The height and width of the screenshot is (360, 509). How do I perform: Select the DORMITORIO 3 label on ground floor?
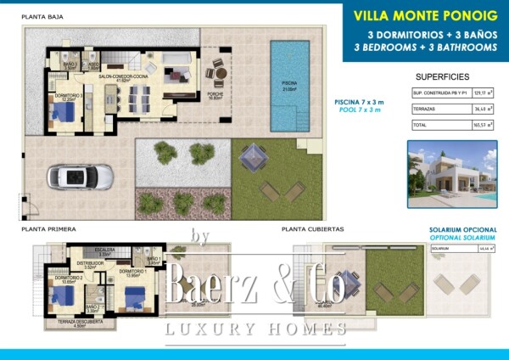tap(70, 96)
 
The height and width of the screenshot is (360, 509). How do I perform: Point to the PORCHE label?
tap(215, 95)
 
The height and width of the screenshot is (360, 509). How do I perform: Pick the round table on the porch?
tap(219, 73)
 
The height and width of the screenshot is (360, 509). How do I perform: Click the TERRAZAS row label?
tap(424, 109)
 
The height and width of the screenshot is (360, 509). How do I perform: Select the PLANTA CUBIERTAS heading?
tap(312, 229)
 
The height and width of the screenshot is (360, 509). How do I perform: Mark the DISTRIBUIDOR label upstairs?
tap(92, 263)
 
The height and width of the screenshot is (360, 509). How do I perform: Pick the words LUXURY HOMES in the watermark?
tap(255, 329)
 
